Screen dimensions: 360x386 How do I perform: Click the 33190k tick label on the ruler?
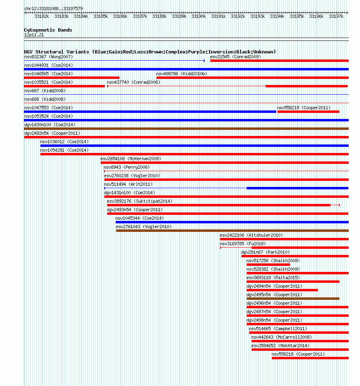pos(199,16)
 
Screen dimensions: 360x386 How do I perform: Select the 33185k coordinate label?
pos(101,16)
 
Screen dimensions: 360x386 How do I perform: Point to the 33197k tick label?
pos(336,16)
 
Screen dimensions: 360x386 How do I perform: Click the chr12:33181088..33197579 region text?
pos(53,8)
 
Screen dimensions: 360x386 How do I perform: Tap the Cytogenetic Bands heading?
pos(48,30)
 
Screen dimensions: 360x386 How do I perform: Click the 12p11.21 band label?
pos(34,35)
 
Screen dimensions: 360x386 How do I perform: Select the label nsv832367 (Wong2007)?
pos(49,57)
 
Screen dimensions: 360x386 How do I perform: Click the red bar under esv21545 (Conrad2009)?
pos(279,61)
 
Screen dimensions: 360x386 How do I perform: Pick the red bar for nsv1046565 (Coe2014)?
pos(72,78)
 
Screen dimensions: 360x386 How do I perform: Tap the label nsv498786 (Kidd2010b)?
pos(182,74)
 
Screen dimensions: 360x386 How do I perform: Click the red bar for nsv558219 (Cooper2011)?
pos(308,112)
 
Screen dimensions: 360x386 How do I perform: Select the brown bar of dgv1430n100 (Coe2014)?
pos(186,129)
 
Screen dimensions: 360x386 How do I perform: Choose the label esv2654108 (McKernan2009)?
pos(131,159)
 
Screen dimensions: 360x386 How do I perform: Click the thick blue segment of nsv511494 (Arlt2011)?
pos(297,188)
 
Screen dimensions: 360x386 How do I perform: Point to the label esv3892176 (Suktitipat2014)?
pos(140,201)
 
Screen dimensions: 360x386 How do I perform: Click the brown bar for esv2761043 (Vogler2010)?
pos(232,230)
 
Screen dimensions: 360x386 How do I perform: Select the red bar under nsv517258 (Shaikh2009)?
pos(268,264)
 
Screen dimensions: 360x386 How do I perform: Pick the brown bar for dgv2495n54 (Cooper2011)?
pos(293,298)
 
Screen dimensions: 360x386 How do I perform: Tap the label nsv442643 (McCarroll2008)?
pos(282,337)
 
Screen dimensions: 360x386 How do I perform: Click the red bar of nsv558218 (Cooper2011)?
pos(310,358)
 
